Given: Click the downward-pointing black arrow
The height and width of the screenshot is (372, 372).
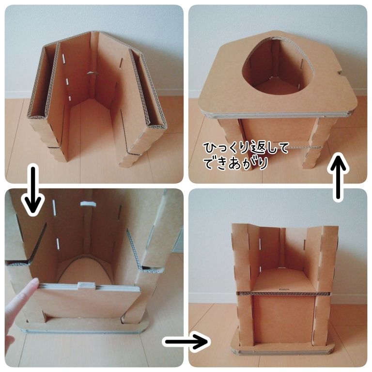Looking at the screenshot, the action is point(33,190).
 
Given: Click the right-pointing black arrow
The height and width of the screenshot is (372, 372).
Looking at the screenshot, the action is point(186,341).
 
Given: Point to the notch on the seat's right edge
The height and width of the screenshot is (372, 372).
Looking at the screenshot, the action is point(340,72).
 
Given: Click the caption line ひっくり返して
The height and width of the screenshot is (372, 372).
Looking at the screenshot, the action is point(246,149).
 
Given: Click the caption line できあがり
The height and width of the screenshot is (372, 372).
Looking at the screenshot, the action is point(236,163).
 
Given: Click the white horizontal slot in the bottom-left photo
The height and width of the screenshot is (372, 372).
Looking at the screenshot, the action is point(88,203).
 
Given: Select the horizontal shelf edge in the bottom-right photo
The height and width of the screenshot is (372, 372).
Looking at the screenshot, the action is point(284,294).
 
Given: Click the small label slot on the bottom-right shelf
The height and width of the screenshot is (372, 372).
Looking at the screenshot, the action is point(284,289).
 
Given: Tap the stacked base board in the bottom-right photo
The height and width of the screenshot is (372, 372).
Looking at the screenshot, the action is point(282,349).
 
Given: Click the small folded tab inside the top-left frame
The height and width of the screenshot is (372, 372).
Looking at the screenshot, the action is point(93,73).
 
